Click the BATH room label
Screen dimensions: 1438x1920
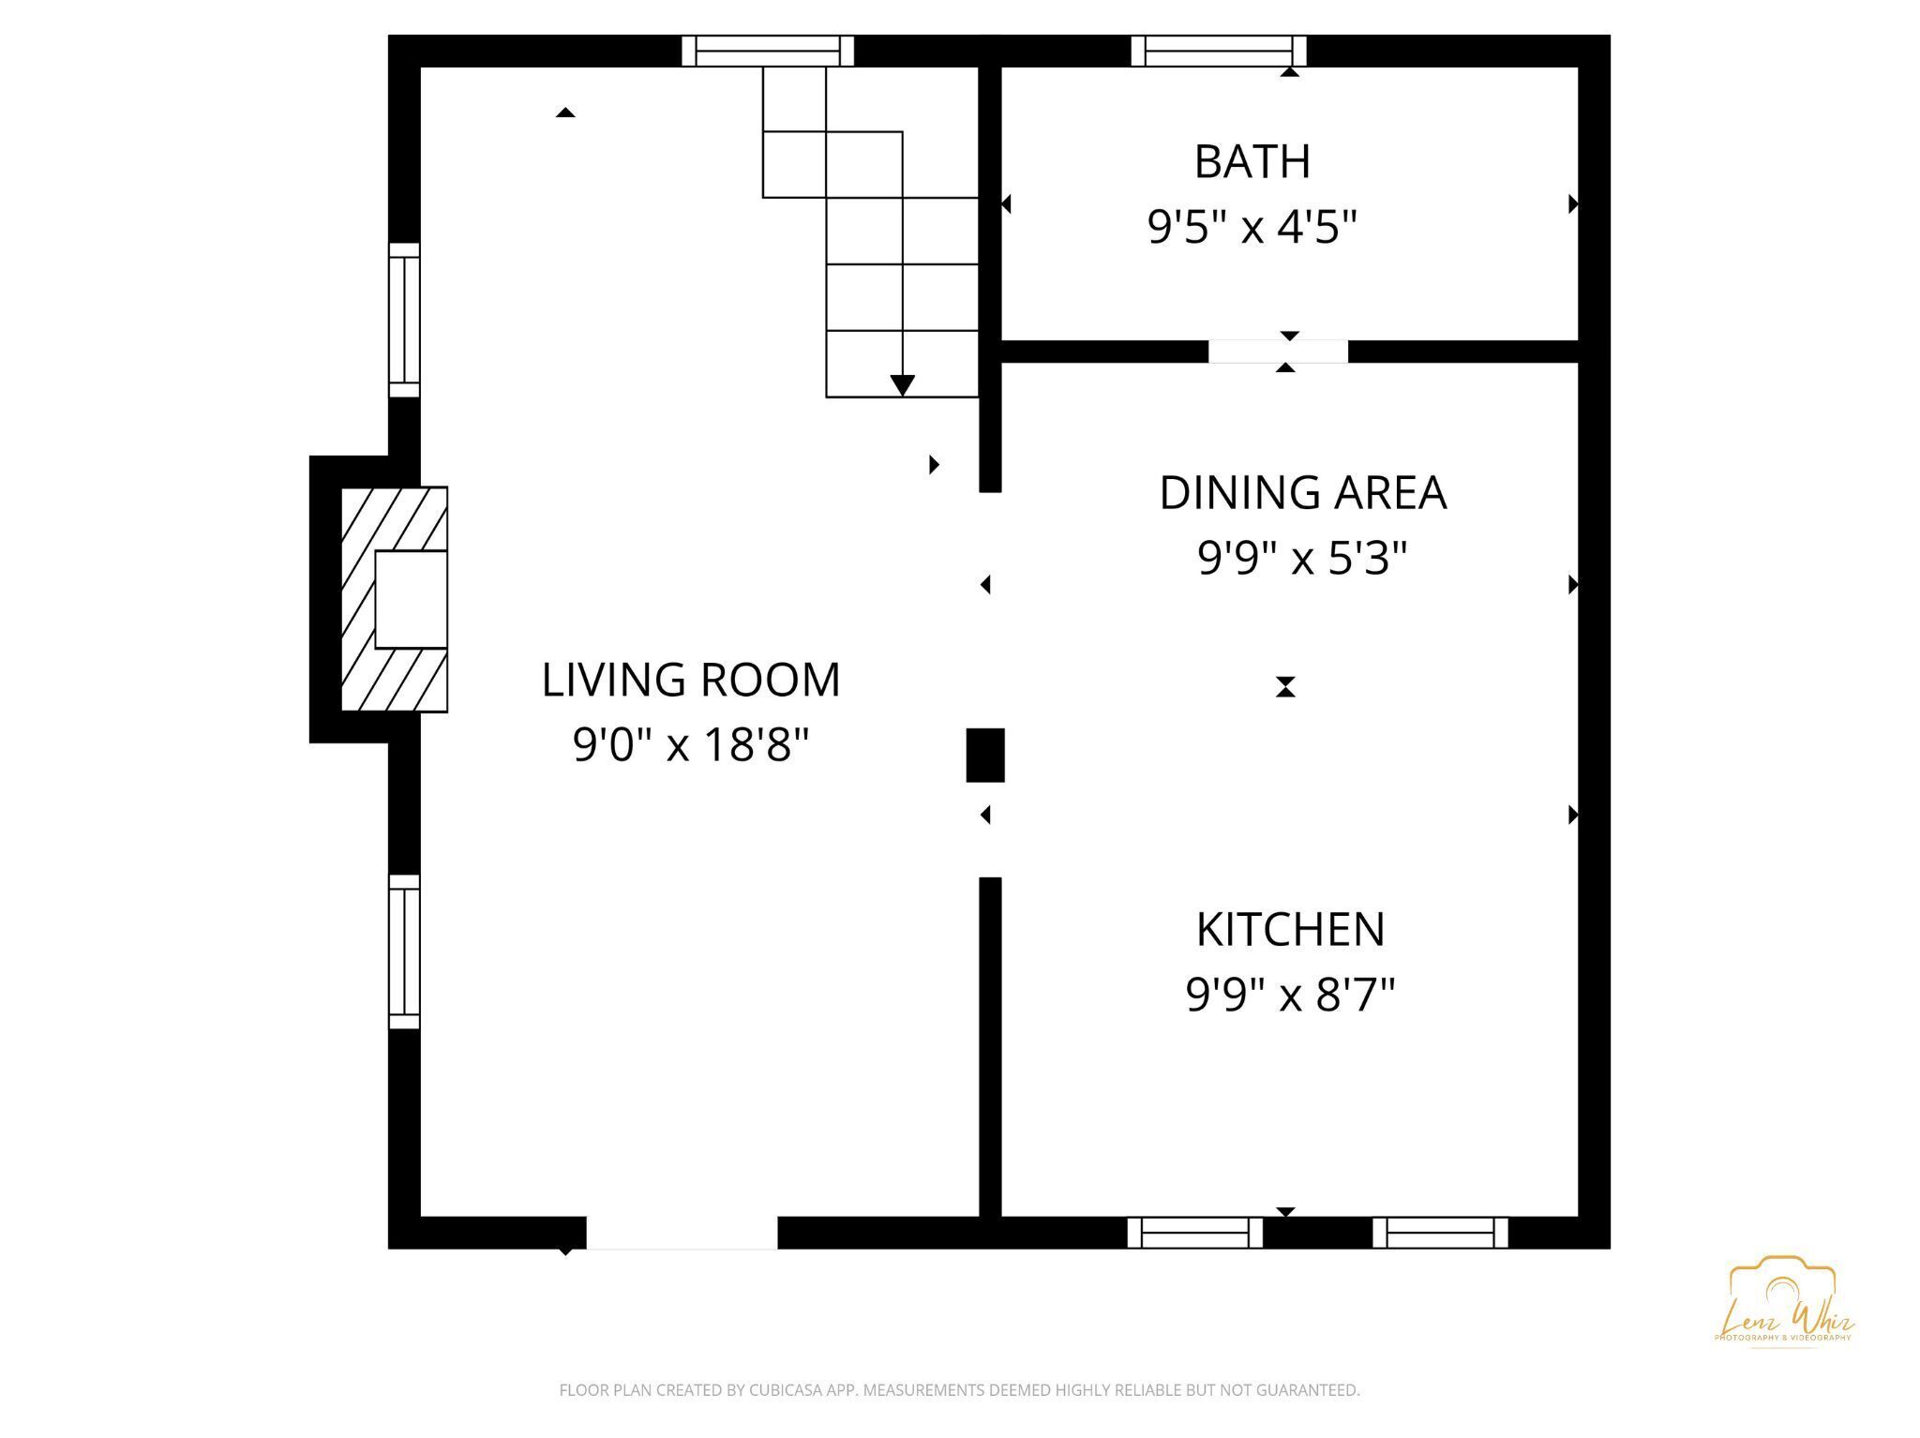click(1252, 161)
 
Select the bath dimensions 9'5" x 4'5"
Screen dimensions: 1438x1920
click(1252, 227)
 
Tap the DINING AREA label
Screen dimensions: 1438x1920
click(1302, 493)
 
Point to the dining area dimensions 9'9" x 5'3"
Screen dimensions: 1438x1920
click(1302, 559)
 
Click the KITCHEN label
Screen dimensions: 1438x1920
click(1290, 929)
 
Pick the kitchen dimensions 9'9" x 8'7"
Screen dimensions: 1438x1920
click(1290, 995)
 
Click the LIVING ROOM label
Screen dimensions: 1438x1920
click(691, 680)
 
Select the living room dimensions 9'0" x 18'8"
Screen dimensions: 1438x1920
click(691, 745)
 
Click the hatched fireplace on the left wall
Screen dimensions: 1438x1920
click(394, 599)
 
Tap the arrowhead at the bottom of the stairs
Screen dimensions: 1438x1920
click(902, 385)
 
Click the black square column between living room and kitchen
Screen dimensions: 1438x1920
click(985, 755)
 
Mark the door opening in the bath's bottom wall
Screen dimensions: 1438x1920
click(1278, 352)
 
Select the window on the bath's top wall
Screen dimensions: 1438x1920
click(1218, 51)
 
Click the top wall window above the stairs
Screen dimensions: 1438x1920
click(767, 51)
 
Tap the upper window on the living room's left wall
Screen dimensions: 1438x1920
click(404, 320)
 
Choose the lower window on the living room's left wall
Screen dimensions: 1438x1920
click(404, 951)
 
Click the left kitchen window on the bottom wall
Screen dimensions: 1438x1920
click(1194, 1233)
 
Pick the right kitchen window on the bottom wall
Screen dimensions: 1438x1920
click(1440, 1233)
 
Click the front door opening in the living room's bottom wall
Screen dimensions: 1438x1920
click(682, 1233)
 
